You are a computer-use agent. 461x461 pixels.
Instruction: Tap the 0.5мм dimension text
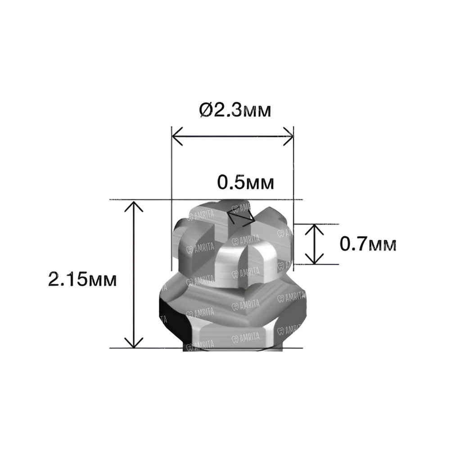[x=245, y=182]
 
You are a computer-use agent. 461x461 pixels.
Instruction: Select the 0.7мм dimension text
[x=368, y=244]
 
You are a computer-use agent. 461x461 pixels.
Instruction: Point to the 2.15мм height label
[x=82, y=279]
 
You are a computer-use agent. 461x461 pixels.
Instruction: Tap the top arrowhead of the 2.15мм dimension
[x=134, y=206]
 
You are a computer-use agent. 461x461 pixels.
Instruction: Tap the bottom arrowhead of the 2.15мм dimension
[x=134, y=343]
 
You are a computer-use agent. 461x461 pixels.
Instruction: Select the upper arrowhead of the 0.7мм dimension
[x=315, y=229]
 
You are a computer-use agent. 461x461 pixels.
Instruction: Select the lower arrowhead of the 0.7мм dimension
[x=315, y=258]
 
